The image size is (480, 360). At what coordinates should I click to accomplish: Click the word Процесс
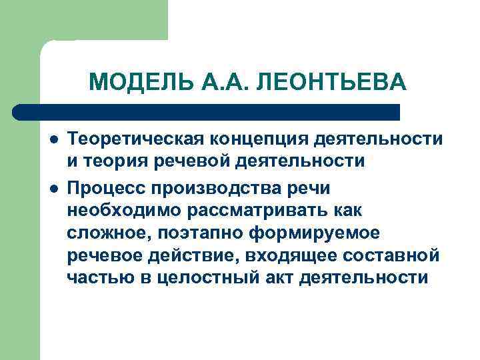pyautogui.click(x=103, y=188)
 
